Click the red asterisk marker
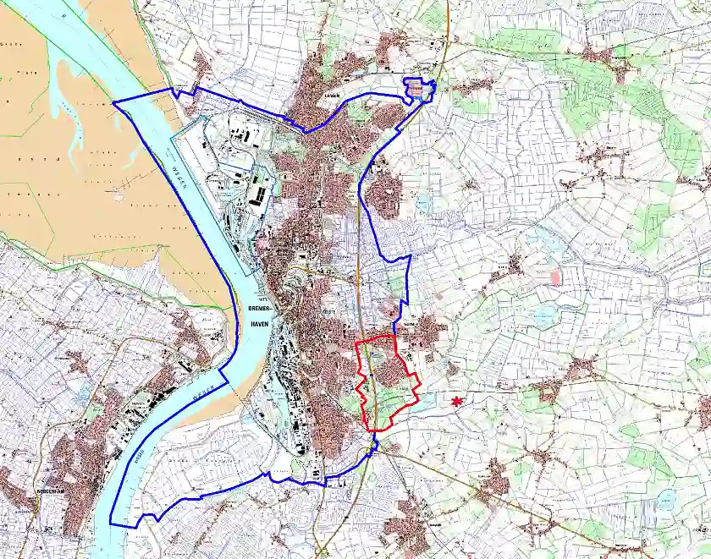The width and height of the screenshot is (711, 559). point(458,401)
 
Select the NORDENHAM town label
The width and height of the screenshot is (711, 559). point(19,488)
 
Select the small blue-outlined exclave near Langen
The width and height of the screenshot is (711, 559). point(420,89)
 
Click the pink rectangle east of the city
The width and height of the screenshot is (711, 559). point(555,277)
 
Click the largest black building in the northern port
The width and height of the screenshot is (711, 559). point(257,196)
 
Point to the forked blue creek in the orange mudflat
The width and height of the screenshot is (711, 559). point(59,106)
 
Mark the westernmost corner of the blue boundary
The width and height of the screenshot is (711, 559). point(114,101)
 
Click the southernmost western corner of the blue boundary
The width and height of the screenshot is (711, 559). point(113,522)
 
